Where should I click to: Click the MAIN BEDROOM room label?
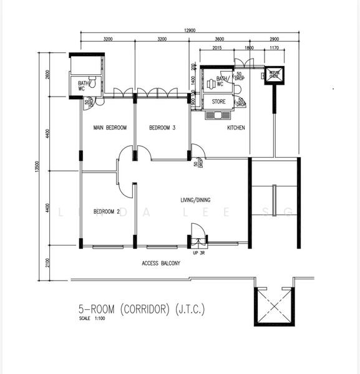point(110,128)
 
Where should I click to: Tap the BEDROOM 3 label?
point(162,128)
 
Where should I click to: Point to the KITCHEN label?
point(236,128)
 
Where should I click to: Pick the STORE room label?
point(218,102)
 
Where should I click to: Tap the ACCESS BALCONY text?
point(161,264)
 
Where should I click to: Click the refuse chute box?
point(273,75)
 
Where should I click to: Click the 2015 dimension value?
point(217,47)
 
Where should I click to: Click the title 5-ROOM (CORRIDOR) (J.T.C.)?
point(141,309)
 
